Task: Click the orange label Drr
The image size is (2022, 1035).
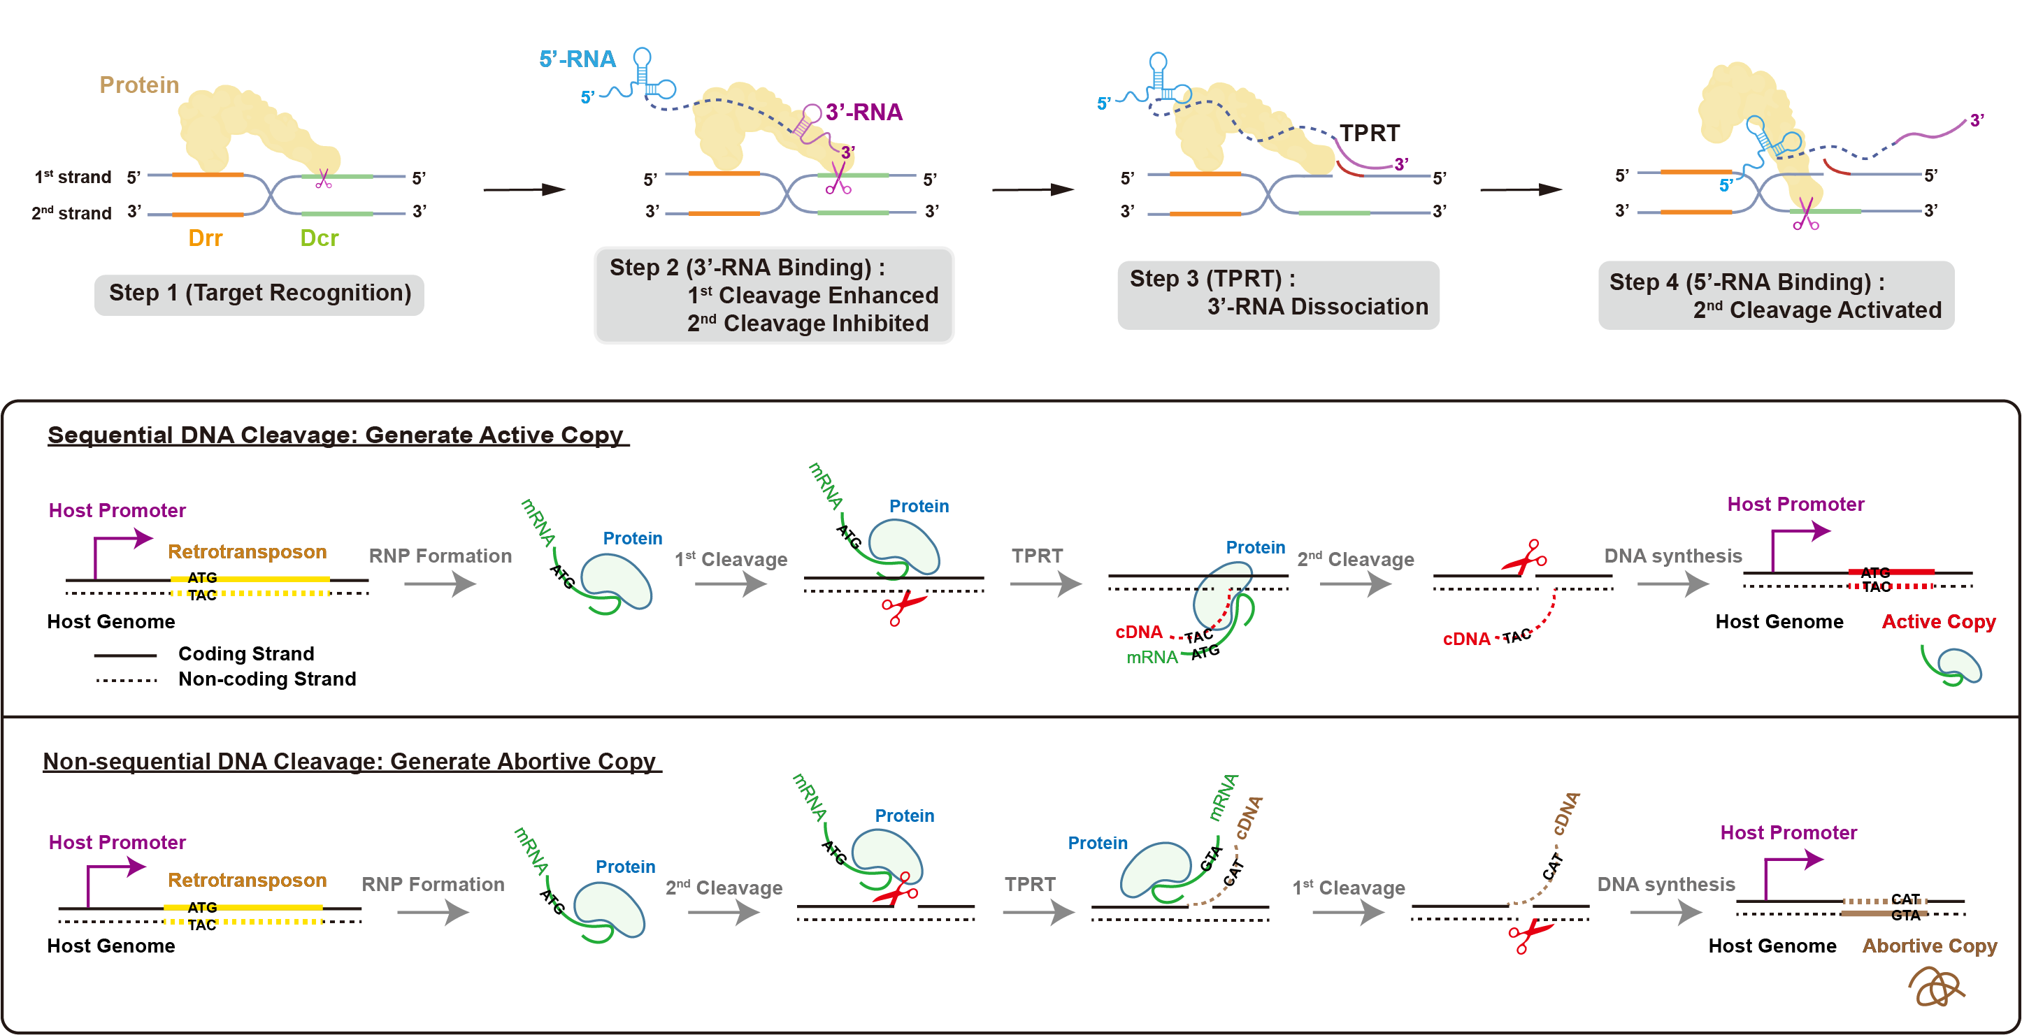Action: (x=205, y=238)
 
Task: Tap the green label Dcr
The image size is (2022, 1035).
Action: (x=319, y=238)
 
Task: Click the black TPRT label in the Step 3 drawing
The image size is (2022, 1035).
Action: (x=1369, y=133)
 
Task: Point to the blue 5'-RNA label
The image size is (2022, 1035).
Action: (x=577, y=59)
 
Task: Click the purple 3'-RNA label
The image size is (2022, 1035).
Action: (x=863, y=113)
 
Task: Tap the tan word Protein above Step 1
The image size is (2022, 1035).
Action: (x=139, y=85)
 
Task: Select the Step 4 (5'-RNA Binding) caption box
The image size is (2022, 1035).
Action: (x=1775, y=296)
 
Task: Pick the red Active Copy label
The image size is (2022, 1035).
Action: (x=1938, y=621)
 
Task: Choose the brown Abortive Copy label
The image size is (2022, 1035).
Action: (x=1930, y=946)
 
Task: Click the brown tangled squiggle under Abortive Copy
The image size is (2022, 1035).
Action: (x=1936, y=987)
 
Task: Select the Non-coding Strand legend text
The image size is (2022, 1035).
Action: (x=267, y=679)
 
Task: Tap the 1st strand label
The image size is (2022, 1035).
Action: (x=72, y=178)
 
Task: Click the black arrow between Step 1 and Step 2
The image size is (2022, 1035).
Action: (x=524, y=189)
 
